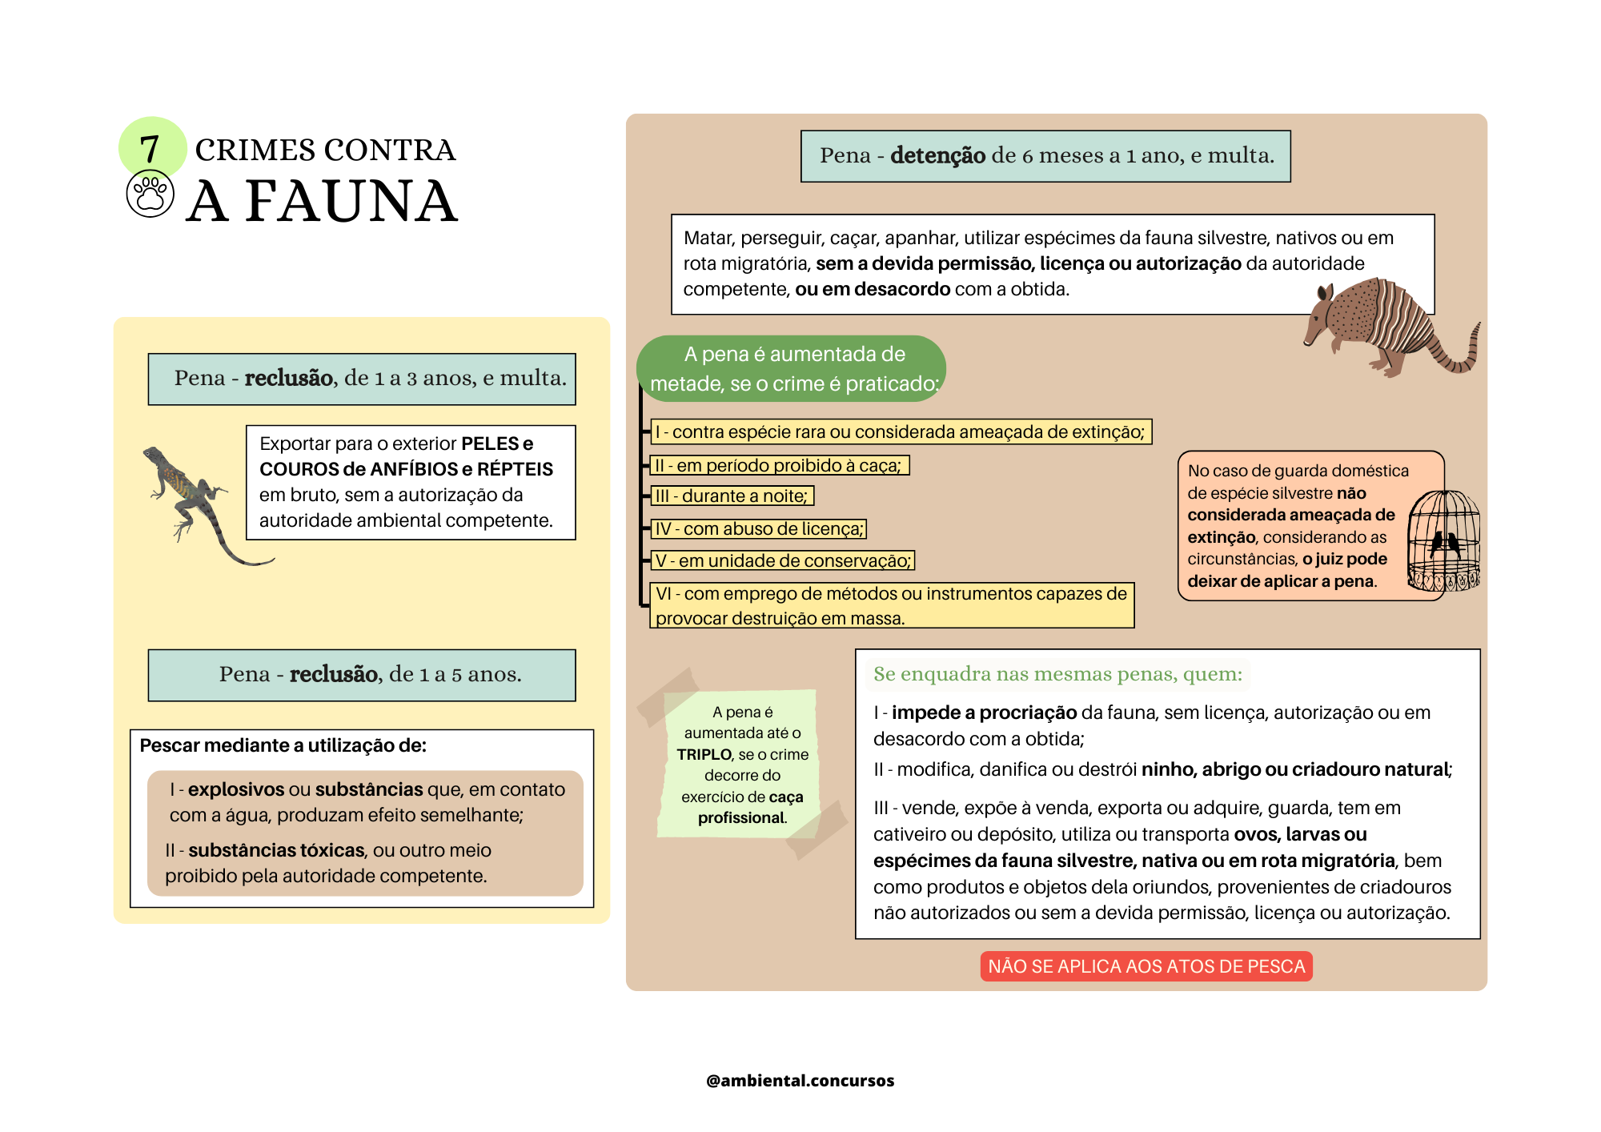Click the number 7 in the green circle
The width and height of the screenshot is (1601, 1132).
pos(150,149)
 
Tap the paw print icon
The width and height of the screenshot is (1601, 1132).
pos(150,194)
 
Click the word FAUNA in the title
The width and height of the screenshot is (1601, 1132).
pos(351,202)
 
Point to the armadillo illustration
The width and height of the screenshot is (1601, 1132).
pos(1389,328)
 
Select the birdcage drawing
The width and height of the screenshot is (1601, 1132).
pos(1444,541)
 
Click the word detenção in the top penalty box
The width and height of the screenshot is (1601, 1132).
pos(937,155)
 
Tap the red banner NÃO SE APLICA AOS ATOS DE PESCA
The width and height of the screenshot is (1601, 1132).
pos(1146,966)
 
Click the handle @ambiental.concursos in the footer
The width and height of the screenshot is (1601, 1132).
pos(800,1081)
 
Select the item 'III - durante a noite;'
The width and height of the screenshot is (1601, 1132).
pos(731,496)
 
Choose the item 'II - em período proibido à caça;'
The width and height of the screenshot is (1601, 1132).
pos(778,465)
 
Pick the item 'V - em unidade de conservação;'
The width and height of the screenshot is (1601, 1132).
pos(783,560)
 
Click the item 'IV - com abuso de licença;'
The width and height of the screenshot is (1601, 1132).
pos(759,528)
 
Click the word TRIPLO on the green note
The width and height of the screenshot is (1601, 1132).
pos(704,754)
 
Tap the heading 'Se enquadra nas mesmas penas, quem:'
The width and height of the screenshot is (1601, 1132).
pos(1057,674)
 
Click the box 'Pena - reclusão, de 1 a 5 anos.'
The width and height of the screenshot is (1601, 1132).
pos(362,675)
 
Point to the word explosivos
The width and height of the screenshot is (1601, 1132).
pos(235,789)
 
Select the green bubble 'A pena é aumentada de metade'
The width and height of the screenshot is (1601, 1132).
pos(792,369)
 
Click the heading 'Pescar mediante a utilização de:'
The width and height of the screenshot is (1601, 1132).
pos(283,745)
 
